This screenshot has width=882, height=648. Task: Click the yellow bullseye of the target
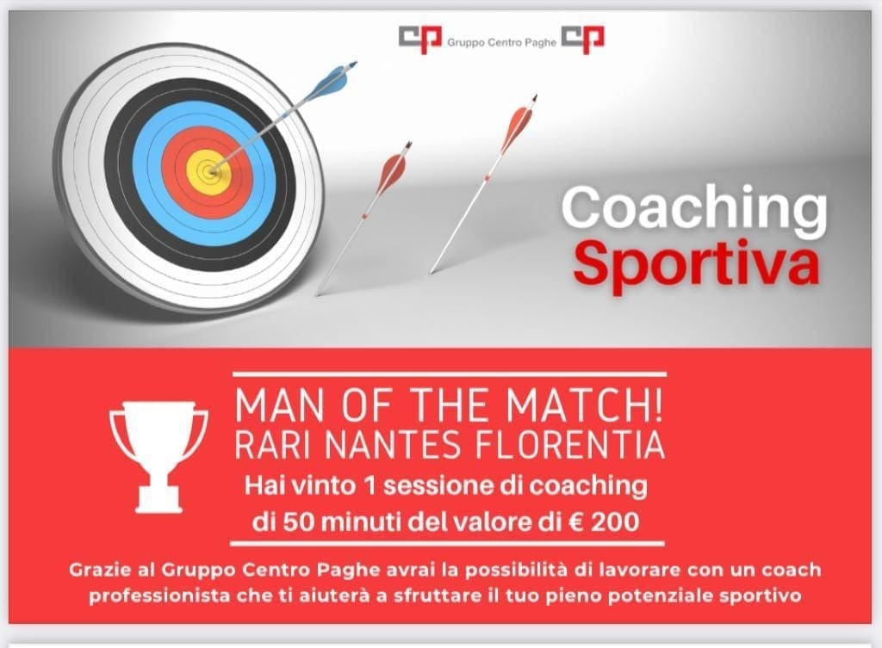211,170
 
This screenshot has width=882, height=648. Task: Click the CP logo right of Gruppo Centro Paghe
583,40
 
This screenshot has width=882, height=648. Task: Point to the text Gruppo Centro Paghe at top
501,43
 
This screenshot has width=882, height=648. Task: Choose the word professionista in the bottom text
158,596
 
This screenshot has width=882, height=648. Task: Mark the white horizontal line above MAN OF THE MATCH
449,373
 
